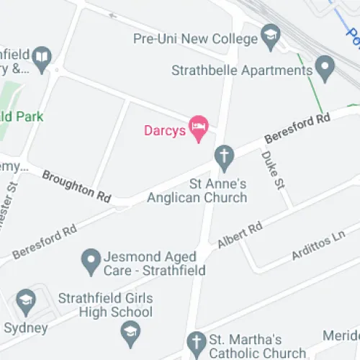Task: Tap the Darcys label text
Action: point(165,131)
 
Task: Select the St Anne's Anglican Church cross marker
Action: point(225,157)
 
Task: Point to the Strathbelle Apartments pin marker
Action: point(325,70)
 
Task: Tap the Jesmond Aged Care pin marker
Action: point(91,261)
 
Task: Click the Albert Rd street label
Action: point(240,236)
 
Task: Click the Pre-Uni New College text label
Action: point(194,38)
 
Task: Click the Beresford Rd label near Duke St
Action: point(297,127)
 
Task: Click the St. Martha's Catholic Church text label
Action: point(257,346)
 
